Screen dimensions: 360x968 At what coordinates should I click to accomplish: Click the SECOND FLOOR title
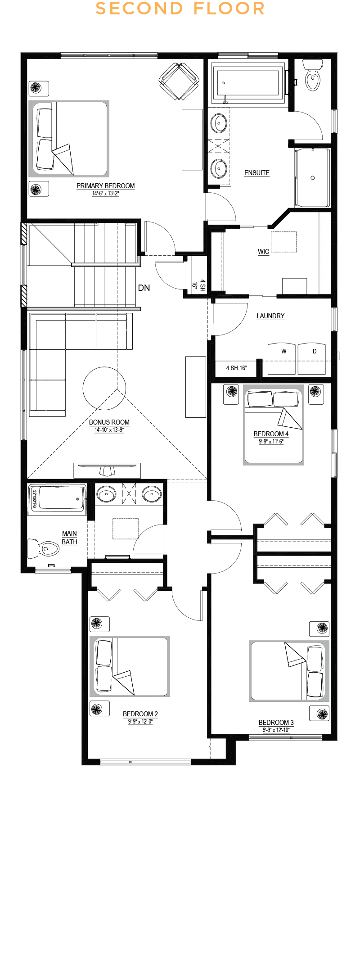[x=180, y=9]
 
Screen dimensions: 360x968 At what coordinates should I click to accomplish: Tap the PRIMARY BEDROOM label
[x=105, y=186]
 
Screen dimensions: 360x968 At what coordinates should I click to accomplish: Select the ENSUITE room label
[x=257, y=173]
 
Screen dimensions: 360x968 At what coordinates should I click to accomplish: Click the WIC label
[x=264, y=252]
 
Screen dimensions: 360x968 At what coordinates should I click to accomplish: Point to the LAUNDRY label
[x=270, y=316]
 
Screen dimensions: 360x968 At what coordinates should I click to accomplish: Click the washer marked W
[x=282, y=359]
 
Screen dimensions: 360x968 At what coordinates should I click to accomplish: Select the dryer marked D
[x=311, y=359]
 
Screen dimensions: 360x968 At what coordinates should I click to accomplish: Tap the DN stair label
[x=144, y=288]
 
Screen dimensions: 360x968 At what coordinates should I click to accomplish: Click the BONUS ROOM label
[x=109, y=422]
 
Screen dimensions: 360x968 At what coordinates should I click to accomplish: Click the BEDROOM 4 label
[x=271, y=434]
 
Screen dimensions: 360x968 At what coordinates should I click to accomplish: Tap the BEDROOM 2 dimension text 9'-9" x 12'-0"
[x=140, y=722]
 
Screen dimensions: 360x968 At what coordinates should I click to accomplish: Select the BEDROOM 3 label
[x=276, y=723]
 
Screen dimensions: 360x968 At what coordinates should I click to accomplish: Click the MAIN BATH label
[x=69, y=538]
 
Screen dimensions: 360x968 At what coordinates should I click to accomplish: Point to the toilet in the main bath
[x=44, y=549]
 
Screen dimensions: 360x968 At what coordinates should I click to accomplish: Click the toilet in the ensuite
[x=312, y=75]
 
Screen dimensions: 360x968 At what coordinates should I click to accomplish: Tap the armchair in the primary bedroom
[x=179, y=81]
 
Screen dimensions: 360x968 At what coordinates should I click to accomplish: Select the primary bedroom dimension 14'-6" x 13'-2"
[x=106, y=194]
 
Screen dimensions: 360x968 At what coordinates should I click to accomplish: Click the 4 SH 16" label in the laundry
[x=236, y=368]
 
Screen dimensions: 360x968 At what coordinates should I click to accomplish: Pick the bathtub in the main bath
[x=58, y=499]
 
